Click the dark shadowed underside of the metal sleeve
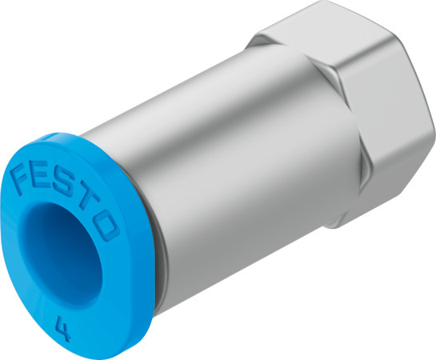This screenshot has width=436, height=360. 216,240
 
